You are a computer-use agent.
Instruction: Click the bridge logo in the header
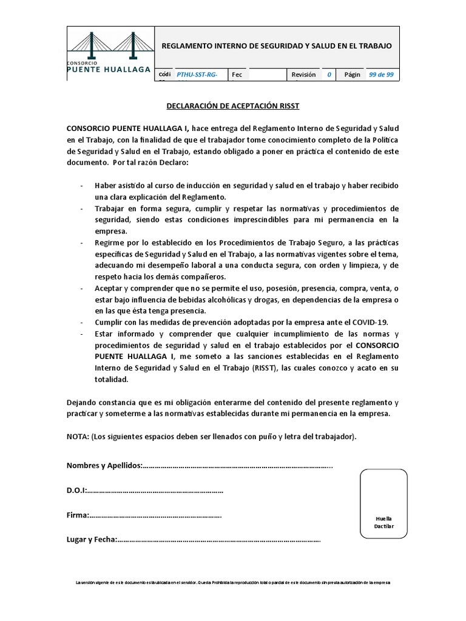point(109,45)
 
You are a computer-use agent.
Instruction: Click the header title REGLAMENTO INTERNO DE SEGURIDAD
point(277,46)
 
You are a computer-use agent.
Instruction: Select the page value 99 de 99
point(381,75)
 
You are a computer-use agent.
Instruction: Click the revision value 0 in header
point(329,75)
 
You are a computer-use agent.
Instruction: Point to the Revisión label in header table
point(303,75)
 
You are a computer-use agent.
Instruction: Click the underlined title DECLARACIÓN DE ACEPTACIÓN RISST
point(233,106)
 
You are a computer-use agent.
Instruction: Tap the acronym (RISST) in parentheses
point(265,368)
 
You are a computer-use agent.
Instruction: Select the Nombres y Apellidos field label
point(104,466)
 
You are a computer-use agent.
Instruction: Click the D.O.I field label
point(76,490)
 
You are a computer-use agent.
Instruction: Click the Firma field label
point(78,515)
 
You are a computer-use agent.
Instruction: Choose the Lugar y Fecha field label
point(91,540)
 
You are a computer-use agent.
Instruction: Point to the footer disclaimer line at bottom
point(233,582)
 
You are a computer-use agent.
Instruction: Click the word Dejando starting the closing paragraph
point(82,403)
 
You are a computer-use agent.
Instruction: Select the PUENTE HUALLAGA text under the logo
point(109,70)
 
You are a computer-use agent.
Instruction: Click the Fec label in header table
point(237,75)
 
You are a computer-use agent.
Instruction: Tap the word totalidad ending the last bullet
point(112,380)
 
